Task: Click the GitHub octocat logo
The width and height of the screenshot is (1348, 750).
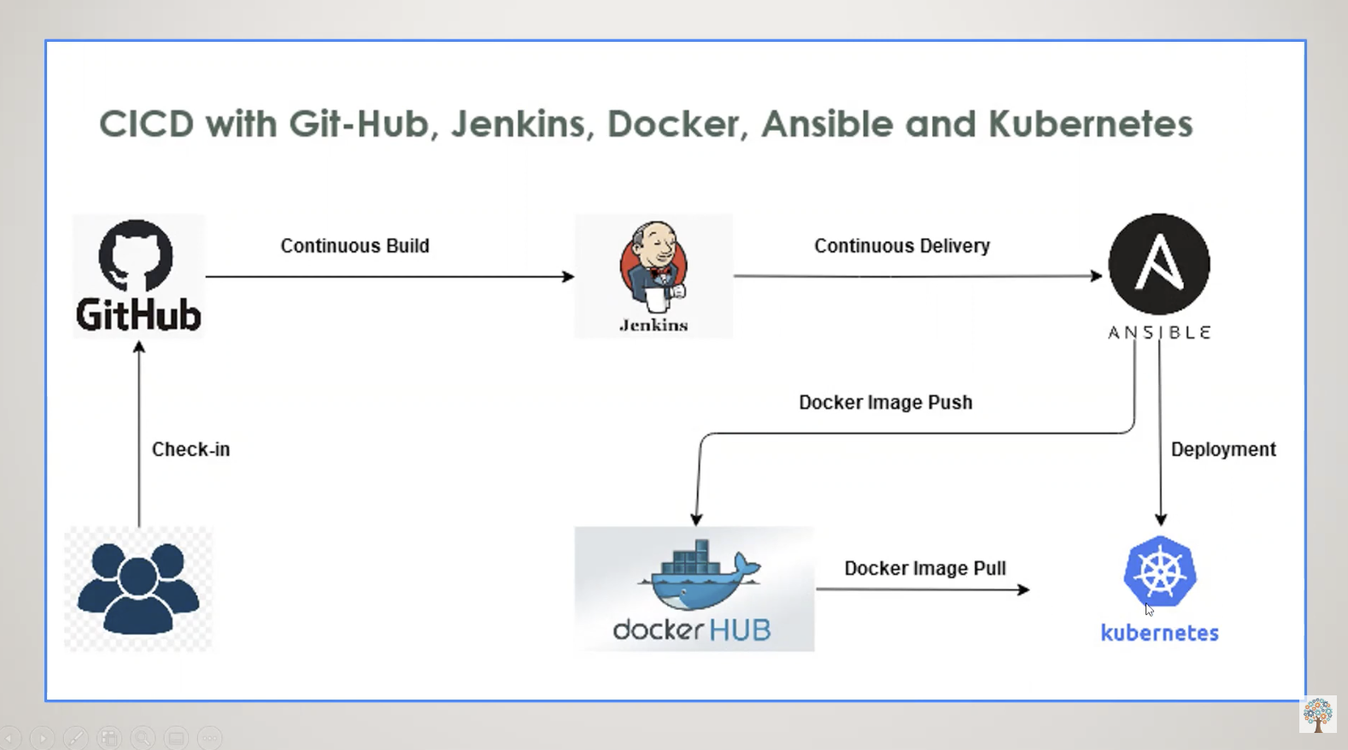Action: coord(136,255)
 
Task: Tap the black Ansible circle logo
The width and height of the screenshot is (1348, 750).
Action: coord(1158,264)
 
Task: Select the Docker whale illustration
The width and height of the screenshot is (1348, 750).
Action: coord(698,577)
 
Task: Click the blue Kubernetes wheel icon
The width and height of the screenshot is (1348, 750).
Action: coord(1159,571)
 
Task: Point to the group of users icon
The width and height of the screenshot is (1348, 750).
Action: coord(138,589)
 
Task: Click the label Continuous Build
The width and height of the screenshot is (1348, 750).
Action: coord(355,246)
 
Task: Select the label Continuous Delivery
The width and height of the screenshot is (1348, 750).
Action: coord(901,246)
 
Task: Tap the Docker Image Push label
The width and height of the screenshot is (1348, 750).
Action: coord(885,402)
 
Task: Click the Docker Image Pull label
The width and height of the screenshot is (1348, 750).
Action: coord(924,568)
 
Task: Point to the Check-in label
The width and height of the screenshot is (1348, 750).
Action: coord(190,449)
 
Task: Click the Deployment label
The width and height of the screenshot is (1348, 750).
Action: coord(1222,449)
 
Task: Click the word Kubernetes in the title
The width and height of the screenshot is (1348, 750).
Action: coord(1090,124)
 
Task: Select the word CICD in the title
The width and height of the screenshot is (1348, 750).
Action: coord(146,124)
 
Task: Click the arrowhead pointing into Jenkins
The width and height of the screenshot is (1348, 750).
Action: coord(568,276)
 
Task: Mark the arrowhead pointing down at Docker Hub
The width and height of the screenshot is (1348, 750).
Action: coord(696,519)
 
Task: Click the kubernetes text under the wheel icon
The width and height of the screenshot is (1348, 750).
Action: coord(1159,633)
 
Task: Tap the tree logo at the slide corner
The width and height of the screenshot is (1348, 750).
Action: coord(1317,714)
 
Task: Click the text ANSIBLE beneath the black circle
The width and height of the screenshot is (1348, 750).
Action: coord(1158,332)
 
